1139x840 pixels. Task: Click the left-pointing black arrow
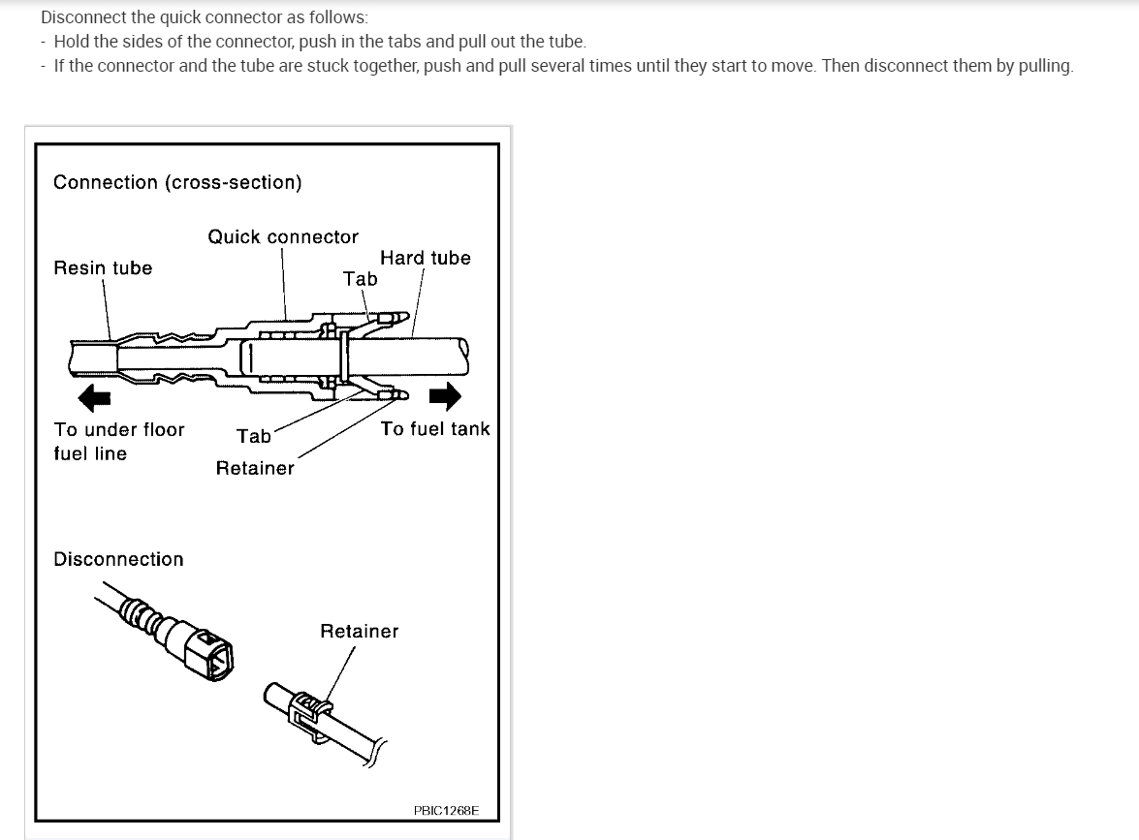95,396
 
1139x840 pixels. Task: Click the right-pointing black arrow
445,396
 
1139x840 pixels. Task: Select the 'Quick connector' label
283,236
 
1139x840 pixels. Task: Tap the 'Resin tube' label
103,267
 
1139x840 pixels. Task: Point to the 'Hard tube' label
426,258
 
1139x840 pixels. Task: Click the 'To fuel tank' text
435,428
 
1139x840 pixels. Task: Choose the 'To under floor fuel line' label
118,441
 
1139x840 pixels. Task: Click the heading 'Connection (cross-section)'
177,182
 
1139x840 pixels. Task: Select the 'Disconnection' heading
118,559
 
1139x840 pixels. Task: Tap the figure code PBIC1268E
446,810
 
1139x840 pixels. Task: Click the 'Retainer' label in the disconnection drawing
359,631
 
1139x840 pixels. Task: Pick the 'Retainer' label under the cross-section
255,468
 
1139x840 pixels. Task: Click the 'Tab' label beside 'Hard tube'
361,278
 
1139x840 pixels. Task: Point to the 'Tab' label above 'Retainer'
254,436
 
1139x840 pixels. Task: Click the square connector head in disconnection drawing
211,654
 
